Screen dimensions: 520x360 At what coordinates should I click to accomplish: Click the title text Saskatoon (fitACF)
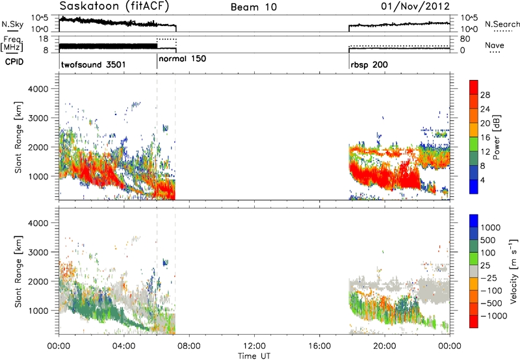click(114, 6)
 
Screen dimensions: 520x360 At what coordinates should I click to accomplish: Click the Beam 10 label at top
click(253, 7)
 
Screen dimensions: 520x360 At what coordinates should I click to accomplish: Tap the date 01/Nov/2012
click(415, 6)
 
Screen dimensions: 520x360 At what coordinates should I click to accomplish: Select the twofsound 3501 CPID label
click(94, 64)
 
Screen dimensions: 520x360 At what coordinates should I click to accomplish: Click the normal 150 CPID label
click(183, 58)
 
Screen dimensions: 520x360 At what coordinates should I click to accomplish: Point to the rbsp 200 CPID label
click(369, 64)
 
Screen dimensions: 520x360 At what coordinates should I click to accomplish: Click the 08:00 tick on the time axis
click(189, 346)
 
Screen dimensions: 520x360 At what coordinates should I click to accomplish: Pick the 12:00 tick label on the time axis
click(254, 346)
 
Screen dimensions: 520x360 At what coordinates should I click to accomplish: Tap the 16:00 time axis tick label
click(319, 346)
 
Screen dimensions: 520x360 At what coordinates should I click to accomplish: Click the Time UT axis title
click(254, 355)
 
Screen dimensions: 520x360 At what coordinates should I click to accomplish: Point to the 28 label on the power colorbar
click(485, 95)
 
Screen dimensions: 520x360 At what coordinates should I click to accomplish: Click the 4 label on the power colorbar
click(483, 180)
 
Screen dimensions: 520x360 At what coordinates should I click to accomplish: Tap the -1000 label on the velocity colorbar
click(494, 316)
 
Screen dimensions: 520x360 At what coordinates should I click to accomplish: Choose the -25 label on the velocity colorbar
click(489, 277)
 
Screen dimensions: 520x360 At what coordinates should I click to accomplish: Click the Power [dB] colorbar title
click(497, 137)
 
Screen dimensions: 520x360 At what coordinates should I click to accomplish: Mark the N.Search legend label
click(502, 24)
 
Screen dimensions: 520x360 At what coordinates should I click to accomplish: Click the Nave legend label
click(495, 45)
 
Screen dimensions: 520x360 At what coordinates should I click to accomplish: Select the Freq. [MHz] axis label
click(12, 44)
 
